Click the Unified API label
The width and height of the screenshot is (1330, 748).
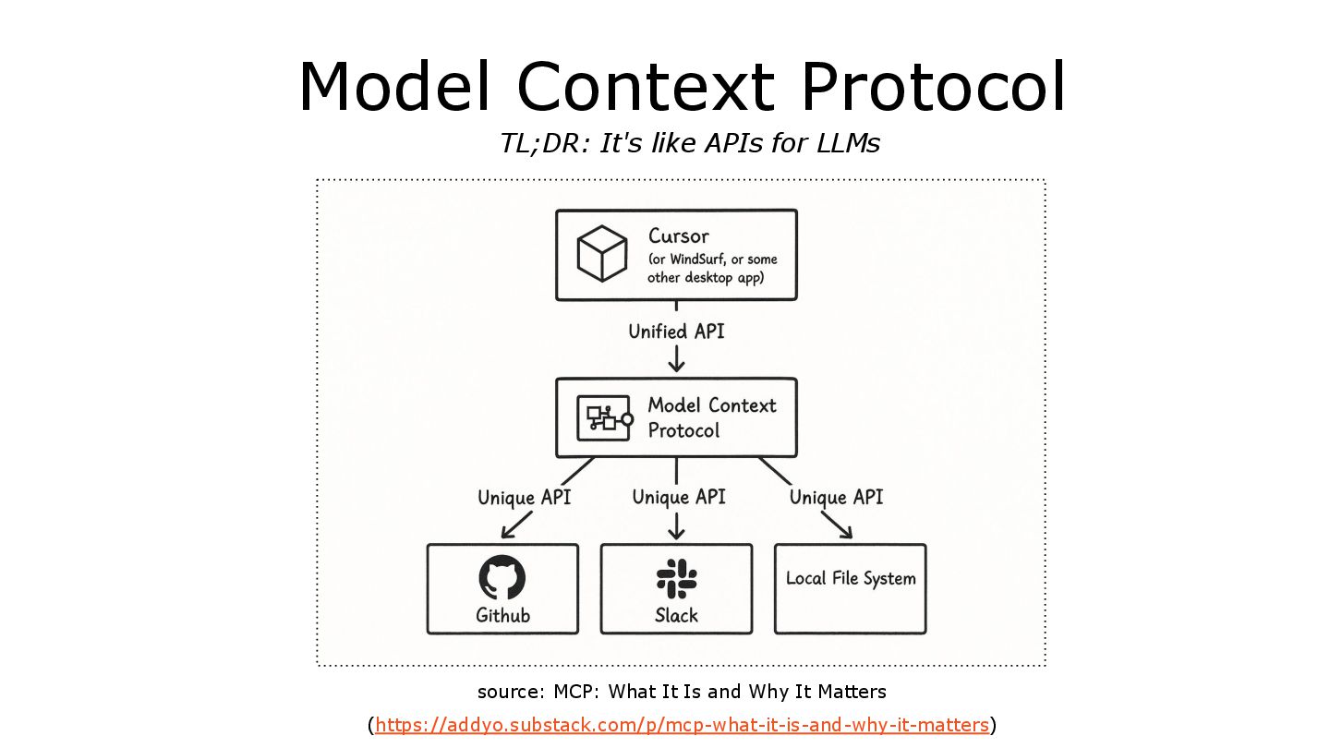pos(676,332)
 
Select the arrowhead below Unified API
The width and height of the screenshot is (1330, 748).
pos(677,366)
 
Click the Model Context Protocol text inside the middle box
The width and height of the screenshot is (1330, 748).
pos(711,417)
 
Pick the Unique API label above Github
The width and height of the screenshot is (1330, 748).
pos(524,498)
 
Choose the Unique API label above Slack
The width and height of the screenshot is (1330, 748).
pos(679,497)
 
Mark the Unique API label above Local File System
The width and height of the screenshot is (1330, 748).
pos(836,497)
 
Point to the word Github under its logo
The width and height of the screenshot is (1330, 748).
pos(503,615)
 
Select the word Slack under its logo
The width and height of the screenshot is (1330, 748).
pos(677,615)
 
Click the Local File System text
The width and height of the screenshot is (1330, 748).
pos(851,579)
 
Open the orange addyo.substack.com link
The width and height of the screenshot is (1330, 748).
pos(682,725)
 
